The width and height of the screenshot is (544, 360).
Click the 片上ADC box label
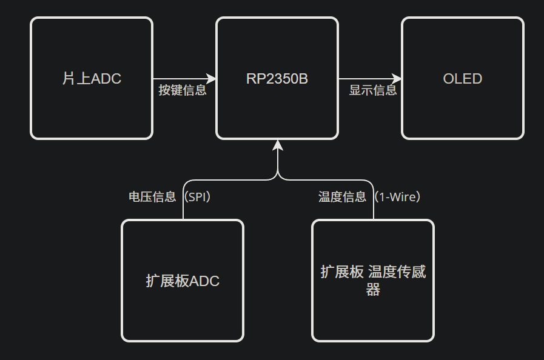pyautogui.click(x=92, y=79)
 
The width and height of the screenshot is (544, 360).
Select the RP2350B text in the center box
pyautogui.click(x=277, y=79)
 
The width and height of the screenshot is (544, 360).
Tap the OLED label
pyautogui.click(x=463, y=79)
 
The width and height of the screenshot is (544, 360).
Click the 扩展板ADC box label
pyautogui.click(x=183, y=281)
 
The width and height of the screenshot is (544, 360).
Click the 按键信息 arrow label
pyautogui.click(x=183, y=91)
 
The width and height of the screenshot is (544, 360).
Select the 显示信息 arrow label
pyautogui.click(x=373, y=91)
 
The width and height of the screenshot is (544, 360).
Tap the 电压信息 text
pyautogui.click(x=152, y=197)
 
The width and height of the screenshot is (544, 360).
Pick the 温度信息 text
pyautogui.click(x=343, y=197)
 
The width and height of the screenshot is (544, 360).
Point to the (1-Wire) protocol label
pyautogui.click(x=397, y=197)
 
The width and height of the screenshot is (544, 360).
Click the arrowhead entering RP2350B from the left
pyautogui.click(x=212, y=79)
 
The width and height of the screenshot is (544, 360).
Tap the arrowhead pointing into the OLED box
pyautogui.click(x=397, y=79)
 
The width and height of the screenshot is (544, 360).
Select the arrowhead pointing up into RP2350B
pyautogui.click(x=278, y=145)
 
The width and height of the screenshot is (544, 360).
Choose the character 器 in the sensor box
pyautogui.click(x=373, y=290)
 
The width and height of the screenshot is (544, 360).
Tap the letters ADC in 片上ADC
pyautogui.click(x=106, y=79)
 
